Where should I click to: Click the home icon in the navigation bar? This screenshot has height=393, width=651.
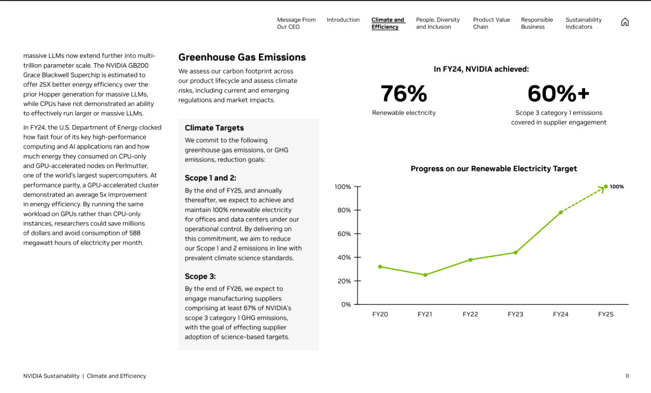[x=625, y=22]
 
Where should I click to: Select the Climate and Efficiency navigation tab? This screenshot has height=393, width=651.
[x=387, y=23]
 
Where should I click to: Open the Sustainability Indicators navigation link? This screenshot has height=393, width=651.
[x=583, y=23]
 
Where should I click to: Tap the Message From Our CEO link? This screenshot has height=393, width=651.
[x=296, y=23]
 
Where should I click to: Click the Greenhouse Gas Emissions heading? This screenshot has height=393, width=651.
[x=242, y=57]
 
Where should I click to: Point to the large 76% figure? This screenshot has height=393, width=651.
[x=404, y=94]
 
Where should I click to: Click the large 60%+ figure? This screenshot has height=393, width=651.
[x=558, y=94]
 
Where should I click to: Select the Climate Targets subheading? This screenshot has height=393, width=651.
[x=214, y=128]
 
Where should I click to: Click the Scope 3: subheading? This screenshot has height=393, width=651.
[x=200, y=276]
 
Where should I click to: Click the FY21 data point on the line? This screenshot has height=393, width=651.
[x=425, y=275]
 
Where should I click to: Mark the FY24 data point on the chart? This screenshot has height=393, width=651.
[x=561, y=212]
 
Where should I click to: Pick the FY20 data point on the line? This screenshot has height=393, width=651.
[x=380, y=267]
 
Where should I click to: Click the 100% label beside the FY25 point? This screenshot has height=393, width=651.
[x=617, y=187]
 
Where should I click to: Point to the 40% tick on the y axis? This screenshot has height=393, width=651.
[x=343, y=257]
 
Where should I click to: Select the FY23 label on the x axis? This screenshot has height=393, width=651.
[x=515, y=314]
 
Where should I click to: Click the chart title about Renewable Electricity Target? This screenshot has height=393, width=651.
[x=493, y=169]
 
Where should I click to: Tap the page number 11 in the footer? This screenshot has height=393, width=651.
[x=627, y=376]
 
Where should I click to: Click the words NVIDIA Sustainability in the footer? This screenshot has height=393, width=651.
[x=51, y=376]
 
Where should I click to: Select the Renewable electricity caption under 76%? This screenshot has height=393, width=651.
[x=404, y=113]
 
